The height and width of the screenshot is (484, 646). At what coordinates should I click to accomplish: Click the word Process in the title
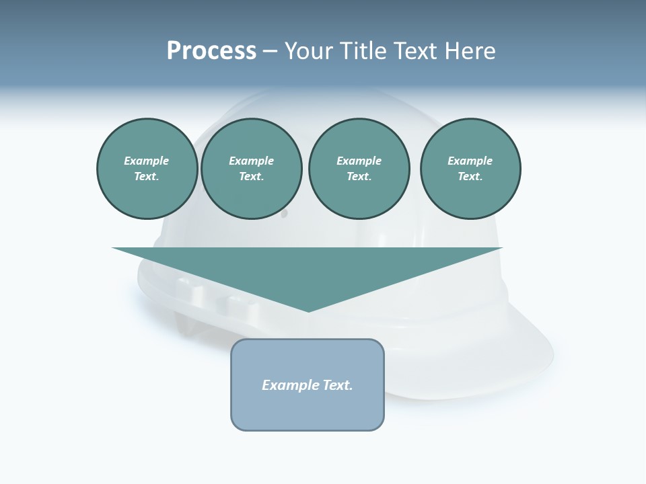pyautogui.click(x=211, y=51)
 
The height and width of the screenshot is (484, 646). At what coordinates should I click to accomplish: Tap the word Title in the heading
pyautogui.click(x=365, y=51)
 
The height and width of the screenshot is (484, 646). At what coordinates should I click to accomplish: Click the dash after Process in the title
pyautogui.click(x=270, y=52)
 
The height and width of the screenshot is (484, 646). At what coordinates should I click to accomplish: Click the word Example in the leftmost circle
pyautogui.click(x=146, y=161)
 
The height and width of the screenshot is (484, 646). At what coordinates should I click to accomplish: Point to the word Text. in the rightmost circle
pyautogui.click(x=470, y=176)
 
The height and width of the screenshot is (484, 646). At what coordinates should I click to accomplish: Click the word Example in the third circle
pyautogui.click(x=359, y=161)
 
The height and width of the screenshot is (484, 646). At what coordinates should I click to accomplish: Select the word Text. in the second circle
pyautogui.click(x=251, y=176)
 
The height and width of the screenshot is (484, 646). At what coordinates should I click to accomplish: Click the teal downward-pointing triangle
pyautogui.click(x=308, y=269)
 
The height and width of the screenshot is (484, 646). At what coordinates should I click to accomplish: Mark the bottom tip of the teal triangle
pyautogui.click(x=308, y=311)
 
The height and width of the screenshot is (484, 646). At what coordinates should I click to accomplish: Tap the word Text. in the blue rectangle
pyautogui.click(x=338, y=385)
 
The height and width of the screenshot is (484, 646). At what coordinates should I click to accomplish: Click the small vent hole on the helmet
pyautogui.click(x=283, y=214)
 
